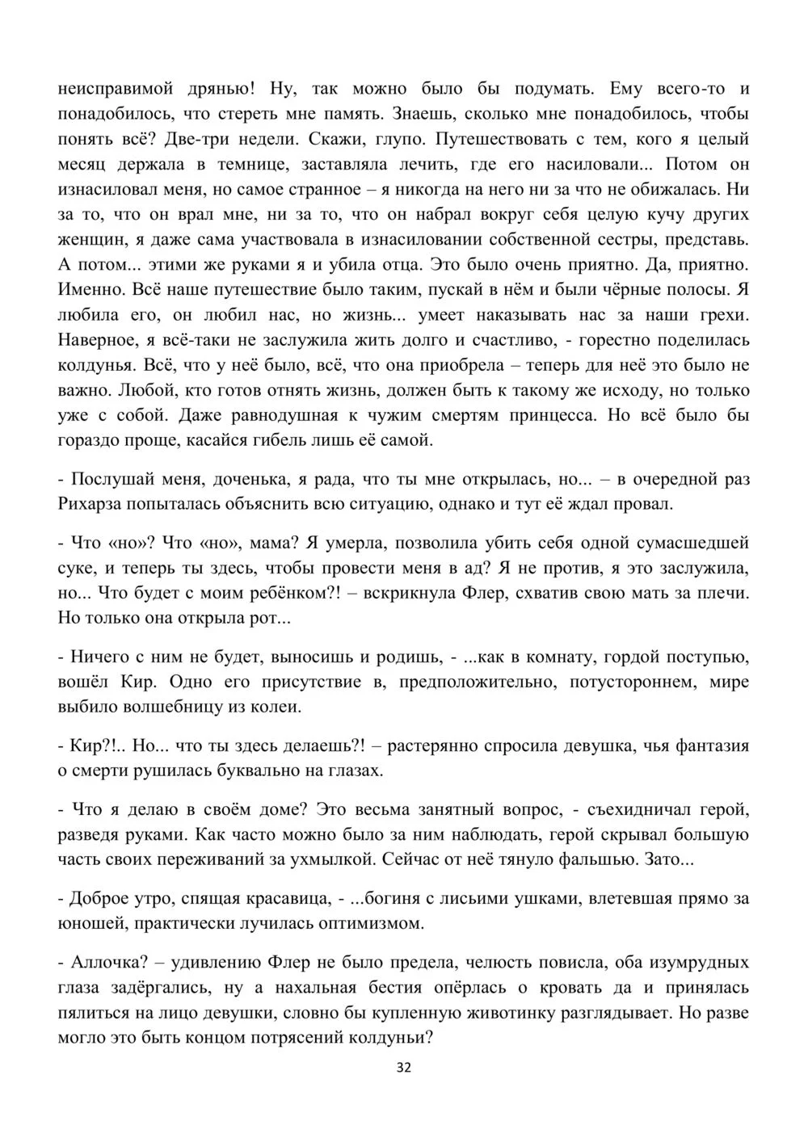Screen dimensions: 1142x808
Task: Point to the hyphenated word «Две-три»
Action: [199, 139]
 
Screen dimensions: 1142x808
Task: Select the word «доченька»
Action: [250, 479]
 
